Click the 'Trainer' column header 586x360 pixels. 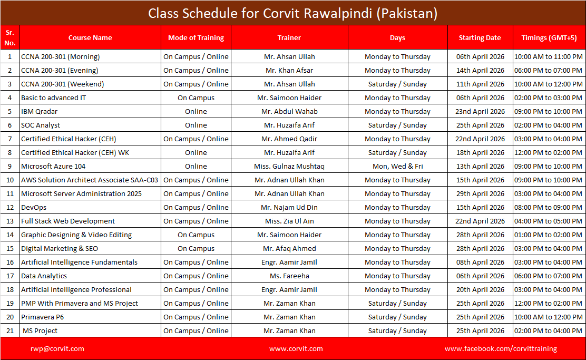point(289,37)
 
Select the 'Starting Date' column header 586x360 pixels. point(480,37)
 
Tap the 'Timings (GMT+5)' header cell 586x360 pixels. point(548,37)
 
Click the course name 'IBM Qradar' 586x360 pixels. point(40,111)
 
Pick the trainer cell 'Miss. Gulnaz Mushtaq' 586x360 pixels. point(289,166)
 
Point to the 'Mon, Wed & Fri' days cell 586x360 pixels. point(397,166)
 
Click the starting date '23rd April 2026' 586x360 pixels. point(480,111)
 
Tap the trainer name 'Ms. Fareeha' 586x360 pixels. point(289,276)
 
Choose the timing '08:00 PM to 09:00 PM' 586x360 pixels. point(548,207)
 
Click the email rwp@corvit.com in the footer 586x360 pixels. point(57,348)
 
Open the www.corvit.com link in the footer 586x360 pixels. point(296,348)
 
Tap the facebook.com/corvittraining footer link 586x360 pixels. point(501,348)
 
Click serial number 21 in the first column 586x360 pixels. point(9,330)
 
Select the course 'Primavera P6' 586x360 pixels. point(43,317)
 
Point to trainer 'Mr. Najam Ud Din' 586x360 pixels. point(289,207)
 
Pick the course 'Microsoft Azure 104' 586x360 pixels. point(53,166)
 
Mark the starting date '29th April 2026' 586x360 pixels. point(480,193)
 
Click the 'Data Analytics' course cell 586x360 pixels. point(44,276)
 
